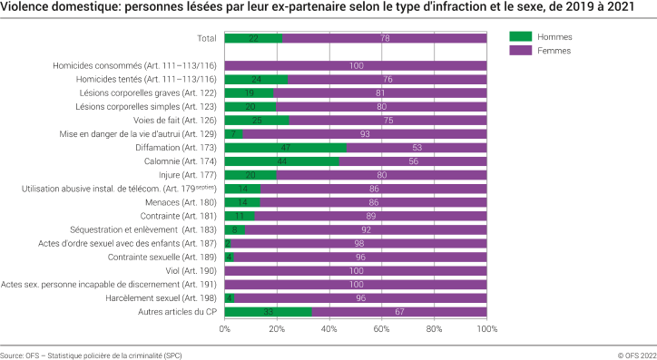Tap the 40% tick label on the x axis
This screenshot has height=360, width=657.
(329, 329)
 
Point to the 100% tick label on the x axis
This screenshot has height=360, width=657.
(486, 329)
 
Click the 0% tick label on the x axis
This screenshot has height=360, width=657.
(225, 329)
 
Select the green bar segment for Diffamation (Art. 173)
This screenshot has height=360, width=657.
(286, 147)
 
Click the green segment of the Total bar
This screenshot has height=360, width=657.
(253, 38)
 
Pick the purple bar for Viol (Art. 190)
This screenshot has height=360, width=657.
(356, 270)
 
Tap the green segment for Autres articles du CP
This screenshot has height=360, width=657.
(268, 311)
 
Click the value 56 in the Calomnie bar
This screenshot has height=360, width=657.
(413, 161)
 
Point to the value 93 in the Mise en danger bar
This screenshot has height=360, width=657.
(365, 134)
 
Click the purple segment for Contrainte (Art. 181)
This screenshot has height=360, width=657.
(370, 216)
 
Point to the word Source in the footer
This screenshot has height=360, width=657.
(13, 355)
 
